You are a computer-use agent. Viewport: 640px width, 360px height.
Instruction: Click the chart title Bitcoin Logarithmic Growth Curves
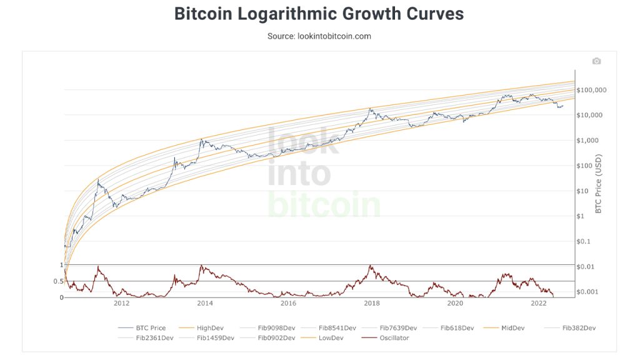pos(319,14)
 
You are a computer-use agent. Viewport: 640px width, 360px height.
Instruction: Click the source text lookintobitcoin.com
pos(319,36)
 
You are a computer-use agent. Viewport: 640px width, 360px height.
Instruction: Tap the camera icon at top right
pos(596,61)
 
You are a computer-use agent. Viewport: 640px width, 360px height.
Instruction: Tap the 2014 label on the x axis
pos(205,304)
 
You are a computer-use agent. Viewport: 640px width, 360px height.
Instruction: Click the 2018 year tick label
pos(372,304)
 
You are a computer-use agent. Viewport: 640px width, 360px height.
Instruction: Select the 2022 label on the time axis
pos(538,304)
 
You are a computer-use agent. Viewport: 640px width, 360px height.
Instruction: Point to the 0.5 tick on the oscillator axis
pos(58,281)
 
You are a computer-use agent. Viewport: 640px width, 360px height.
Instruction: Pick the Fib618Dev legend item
pos(457,327)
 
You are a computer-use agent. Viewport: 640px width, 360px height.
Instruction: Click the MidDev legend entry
pos(512,327)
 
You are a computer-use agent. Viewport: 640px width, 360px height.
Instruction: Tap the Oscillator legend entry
pos(392,338)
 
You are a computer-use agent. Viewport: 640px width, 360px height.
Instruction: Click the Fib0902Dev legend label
pos(276,338)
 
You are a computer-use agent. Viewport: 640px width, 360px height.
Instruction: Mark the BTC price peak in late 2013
pos(201,139)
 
